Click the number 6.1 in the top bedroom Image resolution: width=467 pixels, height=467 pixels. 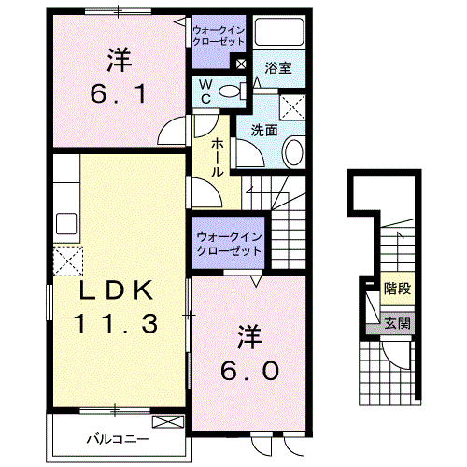click(x=118, y=93)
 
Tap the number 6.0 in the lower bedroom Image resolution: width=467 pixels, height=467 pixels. click(x=248, y=370)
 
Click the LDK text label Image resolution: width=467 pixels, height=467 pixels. click(x=115, y=290)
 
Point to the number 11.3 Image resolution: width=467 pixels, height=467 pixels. click(x=115, y=323)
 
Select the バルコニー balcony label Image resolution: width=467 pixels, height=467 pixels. click(x=114, y=436)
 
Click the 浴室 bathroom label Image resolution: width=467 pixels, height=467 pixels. click(x=276, y=68)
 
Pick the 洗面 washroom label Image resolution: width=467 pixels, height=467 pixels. click(x=264, y=131)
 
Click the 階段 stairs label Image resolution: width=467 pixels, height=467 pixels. click(x=397, y=290)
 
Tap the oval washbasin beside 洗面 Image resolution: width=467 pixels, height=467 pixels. click(x=292, y=151)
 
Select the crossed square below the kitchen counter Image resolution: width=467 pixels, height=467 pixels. click(x=68, y=260)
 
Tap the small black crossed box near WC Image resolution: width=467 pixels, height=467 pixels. click(x=242, y=64)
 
